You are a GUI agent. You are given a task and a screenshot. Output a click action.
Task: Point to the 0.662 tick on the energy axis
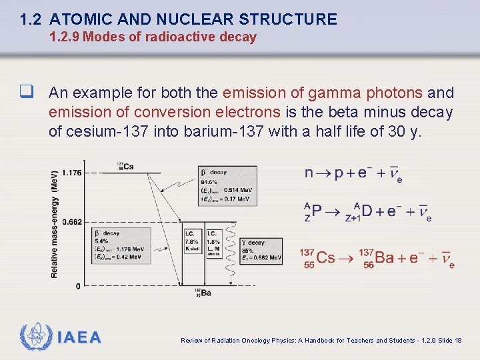point(71,221)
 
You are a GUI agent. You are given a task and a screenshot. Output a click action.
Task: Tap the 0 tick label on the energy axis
point(78,286)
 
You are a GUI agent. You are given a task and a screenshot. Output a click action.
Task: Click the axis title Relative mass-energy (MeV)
point(55,223)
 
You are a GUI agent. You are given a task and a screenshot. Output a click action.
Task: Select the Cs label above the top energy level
point(125,166)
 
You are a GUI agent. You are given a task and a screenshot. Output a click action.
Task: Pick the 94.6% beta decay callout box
point(225,185)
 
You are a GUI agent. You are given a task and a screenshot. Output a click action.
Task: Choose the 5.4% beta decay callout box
point(119,245)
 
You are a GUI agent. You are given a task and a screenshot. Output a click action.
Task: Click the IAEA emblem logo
point(35,337)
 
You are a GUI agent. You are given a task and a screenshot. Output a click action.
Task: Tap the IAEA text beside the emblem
point(80,337)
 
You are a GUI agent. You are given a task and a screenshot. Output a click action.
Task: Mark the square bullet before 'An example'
point(27,93)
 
